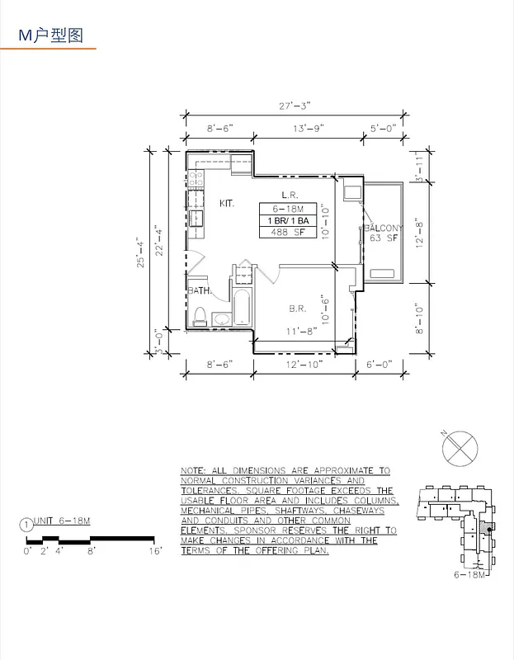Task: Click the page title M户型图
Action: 51,35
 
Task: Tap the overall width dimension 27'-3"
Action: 295,106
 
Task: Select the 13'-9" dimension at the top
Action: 309,128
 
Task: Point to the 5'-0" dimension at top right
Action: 384,128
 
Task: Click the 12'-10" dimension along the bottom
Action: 304,363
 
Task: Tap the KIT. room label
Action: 227,203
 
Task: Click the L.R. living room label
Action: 289,195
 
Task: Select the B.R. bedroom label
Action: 298,309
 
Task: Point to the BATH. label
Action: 199,290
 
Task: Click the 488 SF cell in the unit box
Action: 285,233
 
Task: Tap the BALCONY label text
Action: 384,228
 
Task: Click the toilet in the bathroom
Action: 199,314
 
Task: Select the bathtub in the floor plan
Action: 243,307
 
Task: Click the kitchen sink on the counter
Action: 196,218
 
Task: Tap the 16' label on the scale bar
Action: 155,549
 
